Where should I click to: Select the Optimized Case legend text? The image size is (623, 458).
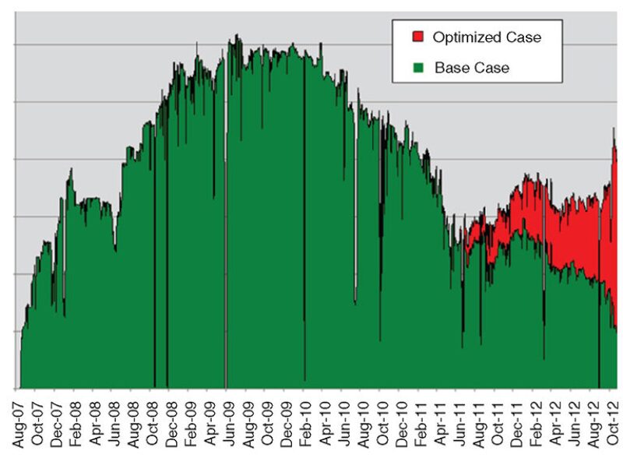tap(486, 37)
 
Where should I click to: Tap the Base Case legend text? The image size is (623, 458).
tap(472, 68)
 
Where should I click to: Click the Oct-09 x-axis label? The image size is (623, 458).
tap(268, 421)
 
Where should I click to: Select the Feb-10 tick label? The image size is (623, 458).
tap(306, 421)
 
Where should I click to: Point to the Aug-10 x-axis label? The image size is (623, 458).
tap(364, 421)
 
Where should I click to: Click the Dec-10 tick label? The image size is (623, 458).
tap(402, 421)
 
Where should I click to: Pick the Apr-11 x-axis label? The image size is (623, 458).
tap(440, 421)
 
